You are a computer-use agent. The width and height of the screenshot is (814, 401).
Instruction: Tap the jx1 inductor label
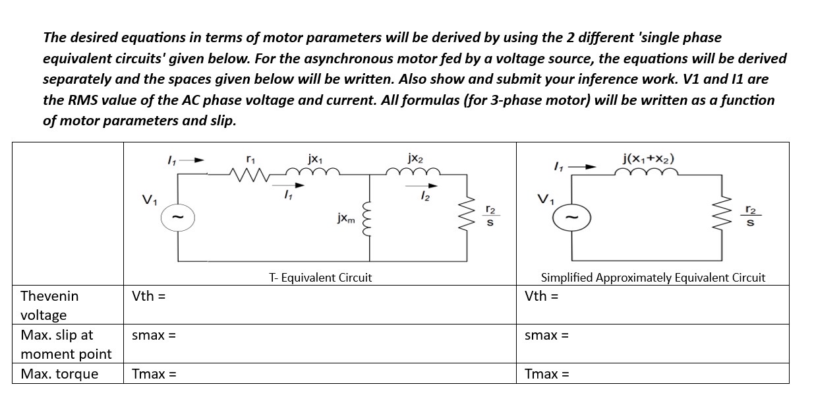coord(314,158)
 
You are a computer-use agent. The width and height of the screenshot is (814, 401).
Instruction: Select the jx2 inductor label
coord(415,158)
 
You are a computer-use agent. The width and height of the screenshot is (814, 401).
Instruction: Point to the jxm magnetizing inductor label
coord(347,218)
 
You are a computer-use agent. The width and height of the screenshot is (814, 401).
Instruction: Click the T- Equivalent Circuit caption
coord(320,278)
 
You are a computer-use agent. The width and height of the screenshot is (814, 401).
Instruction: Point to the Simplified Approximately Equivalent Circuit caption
coord(653,278)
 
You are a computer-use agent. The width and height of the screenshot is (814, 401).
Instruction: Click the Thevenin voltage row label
coord(49,305)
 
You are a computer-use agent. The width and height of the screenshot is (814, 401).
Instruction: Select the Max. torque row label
coord(59,374)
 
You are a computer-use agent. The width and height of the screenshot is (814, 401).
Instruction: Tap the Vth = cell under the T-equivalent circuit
coord(148,295)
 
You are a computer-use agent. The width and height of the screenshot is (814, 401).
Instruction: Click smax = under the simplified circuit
coord(546,335)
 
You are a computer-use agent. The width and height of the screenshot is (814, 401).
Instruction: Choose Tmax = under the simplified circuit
coord(546,375)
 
